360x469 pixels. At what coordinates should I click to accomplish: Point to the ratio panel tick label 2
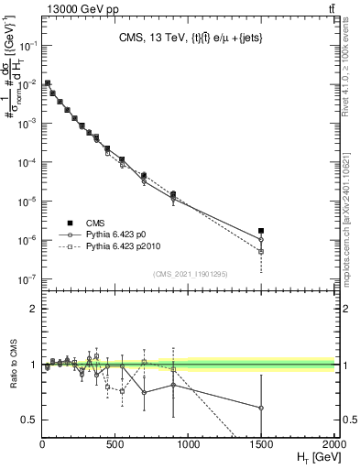pos(32,309)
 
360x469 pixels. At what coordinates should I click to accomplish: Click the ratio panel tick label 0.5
pos(28,420)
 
